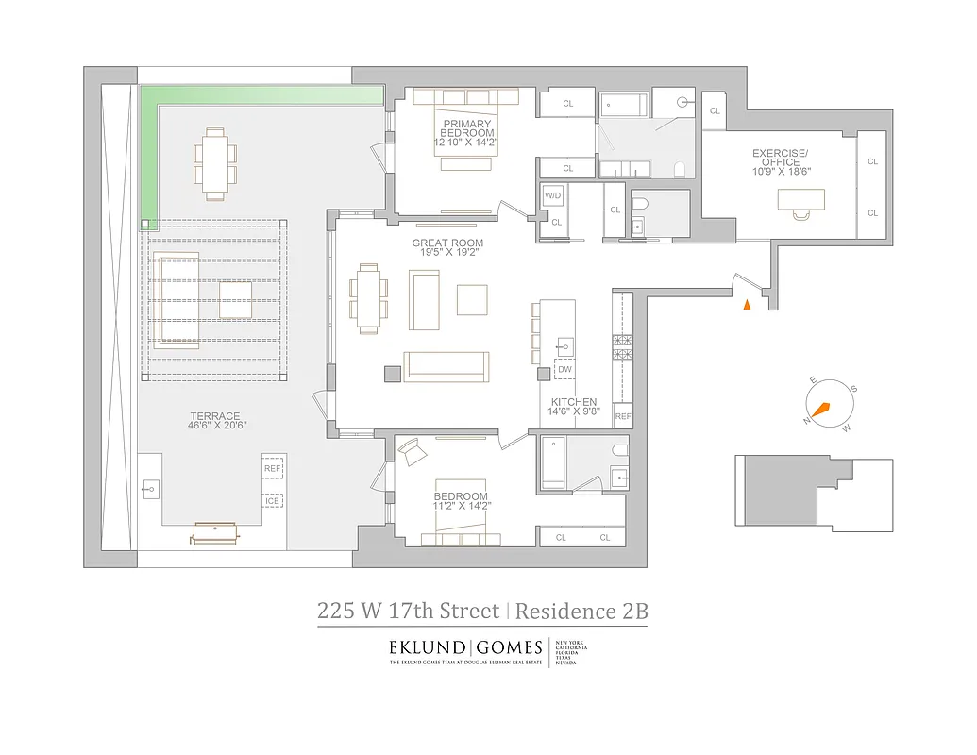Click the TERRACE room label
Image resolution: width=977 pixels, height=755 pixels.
coord(215,415)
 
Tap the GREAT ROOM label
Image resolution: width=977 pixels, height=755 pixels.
coord(447,243)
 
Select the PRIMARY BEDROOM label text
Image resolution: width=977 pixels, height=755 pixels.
coord(465,128)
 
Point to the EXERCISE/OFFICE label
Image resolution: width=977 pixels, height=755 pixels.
coord(780,158)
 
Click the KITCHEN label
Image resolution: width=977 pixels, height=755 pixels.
coord(574,402)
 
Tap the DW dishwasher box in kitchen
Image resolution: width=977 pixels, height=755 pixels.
coord(564,370)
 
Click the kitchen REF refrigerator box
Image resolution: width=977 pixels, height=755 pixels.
coord(623,416)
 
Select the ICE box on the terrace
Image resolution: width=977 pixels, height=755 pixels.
coord(272,501)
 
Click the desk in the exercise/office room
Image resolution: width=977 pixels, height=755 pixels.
coord(800,199)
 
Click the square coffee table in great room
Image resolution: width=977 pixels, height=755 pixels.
coord(472,299)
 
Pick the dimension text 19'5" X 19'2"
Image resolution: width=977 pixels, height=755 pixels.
coord(447,254)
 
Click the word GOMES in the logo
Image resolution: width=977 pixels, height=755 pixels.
coord(508,648)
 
